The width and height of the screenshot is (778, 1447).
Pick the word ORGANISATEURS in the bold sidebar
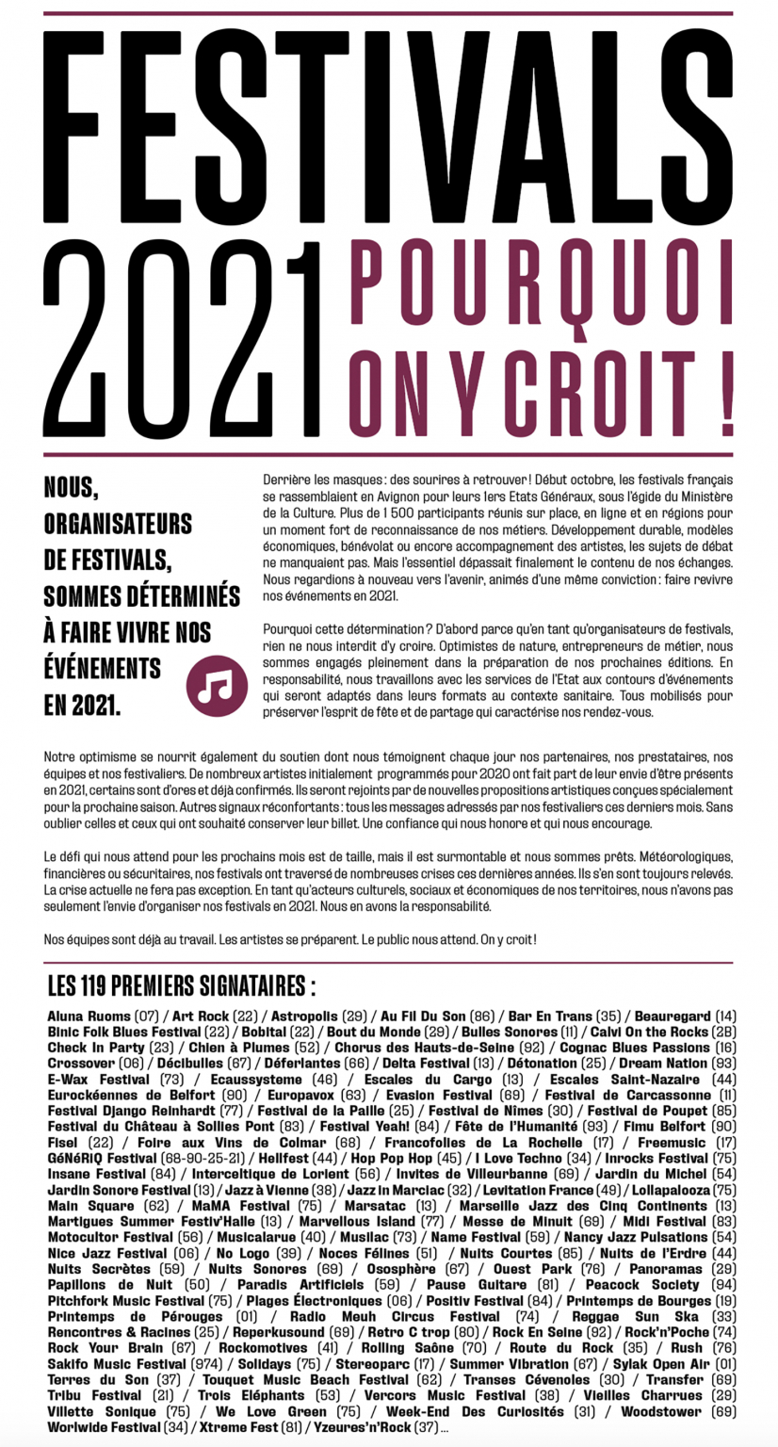pyautogui.click(x=118, y=523)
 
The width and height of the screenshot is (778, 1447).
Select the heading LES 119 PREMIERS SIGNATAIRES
pyautogui.click(x=181, y=986)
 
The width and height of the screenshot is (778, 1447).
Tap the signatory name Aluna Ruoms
pyautogui.click(x=89, y=1016)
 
